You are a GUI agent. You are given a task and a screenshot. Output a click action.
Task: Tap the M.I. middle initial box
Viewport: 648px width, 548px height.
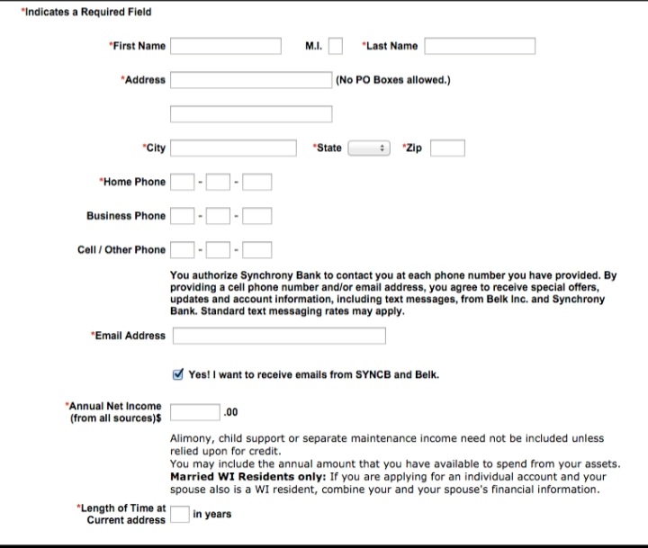pyautogui.click(x=335, y=46)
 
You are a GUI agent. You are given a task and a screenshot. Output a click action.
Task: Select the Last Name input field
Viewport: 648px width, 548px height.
pyautogui.click(x=480, y=46)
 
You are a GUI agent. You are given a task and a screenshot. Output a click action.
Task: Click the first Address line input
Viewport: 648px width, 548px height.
pyautogui.click(x=251, y=80)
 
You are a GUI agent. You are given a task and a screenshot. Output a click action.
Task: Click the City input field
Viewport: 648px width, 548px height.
pyautogui.click(x=234, y=148)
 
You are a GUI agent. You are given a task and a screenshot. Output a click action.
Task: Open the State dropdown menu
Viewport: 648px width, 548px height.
pyautogui.click(x=368, y=148)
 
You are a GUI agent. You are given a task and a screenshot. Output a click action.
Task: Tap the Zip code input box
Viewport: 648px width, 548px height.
pyautogui.click(x=447, y=148)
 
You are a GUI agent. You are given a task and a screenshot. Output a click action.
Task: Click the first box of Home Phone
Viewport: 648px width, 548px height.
pyautogui.click(x=183, y=182)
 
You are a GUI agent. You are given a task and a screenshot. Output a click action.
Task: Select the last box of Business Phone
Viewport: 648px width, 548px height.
pyautogui.click(x=256, y=216)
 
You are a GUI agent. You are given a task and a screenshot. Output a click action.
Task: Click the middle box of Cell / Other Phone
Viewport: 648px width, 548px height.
pyautogui.click(x=218, y=249)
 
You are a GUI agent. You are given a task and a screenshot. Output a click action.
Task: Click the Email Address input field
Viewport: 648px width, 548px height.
pyautogui.click(x=279, y=336)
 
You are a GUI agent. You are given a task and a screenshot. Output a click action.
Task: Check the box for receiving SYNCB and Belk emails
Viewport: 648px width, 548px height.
pyautogui.click(x=177, y=374)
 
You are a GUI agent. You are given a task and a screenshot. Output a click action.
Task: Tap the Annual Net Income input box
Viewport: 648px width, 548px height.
pyautogui.click(x=195, y=412)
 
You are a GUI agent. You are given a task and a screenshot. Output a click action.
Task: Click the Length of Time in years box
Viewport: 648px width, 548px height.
pyautogui.click(x=180, y=515)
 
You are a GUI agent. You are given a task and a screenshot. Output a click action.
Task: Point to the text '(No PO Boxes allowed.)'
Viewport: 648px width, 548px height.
pyautogui.click(x=392, y=80)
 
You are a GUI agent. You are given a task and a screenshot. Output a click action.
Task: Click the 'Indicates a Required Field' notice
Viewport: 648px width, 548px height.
pyautogui.click(x=86, y=13)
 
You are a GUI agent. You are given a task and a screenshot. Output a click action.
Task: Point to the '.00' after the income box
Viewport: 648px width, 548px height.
pyautogui.click(x=230, y=412)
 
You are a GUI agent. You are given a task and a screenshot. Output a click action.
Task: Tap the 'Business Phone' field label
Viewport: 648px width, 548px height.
pyautogui.click(x=126, y=216)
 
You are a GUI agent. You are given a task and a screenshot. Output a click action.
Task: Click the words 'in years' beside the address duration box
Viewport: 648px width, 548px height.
pyautogui.click(x=211, y=515)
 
